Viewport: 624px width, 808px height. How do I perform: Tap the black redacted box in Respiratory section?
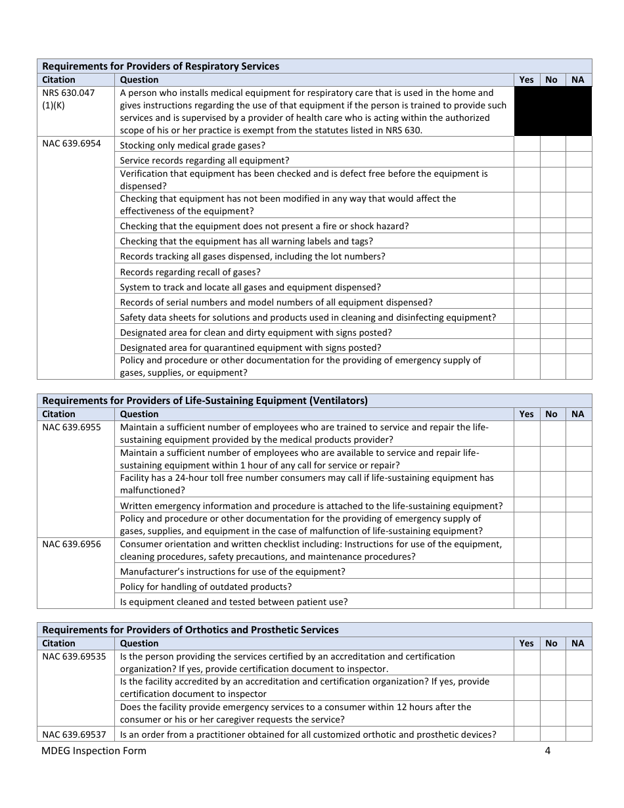552,111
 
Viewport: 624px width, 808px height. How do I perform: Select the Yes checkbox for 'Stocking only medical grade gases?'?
526,145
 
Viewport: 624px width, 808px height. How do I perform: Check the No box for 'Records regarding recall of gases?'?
552,271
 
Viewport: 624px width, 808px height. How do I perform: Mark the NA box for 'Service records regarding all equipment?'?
578,160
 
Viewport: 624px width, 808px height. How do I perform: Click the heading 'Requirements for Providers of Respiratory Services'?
161,66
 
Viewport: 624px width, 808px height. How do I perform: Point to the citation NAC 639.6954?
72,143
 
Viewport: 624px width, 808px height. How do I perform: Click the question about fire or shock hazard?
264,226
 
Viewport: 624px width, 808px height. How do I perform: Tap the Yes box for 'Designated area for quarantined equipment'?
526,347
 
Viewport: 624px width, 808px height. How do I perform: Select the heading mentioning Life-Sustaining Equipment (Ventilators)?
205,400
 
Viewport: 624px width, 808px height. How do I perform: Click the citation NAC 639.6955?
72,427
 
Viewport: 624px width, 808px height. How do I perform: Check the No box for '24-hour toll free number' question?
552,484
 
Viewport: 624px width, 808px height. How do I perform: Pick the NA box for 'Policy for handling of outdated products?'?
578,586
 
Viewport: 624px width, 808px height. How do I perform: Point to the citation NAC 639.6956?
72,544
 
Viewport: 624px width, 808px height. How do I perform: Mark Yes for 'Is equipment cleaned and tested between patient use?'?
526,601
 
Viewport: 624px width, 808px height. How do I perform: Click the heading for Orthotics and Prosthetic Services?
190,629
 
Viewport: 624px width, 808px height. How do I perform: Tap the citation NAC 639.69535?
74,656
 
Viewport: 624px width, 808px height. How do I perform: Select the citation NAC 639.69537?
74,734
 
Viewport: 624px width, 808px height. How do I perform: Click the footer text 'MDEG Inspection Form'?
94,751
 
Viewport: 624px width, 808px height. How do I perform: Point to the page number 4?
547,751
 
